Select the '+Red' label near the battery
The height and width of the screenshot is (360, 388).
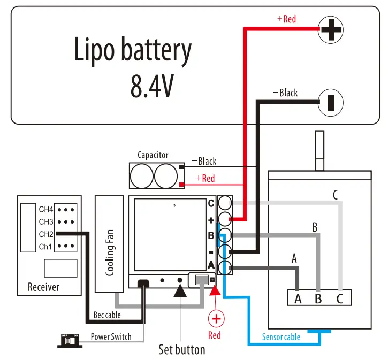pyautogui.click(x=286, y=19)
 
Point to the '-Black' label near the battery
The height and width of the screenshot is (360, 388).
pyautogui.click(x=286, y=93)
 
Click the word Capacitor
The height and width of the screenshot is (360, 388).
pyautogui.click(x=153, y=155)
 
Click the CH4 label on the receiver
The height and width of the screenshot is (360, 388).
pyautogui.click(x=46, y=209)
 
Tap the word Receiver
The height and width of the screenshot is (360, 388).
pyautogui.click(x=43, y=287)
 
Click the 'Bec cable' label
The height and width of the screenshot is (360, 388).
pyautogui.click(x=107, y=315)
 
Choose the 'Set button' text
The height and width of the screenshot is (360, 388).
pyautogui.click(x=181, y=350)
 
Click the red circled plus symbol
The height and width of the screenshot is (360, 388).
pyautogui.click(x=216, y=319)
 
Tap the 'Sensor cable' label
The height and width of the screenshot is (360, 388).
pyautogui.click(x=281, y=337)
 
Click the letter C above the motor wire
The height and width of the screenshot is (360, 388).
pyautogui.click(x=336, y=195)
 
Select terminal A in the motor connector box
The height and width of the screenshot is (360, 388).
pyautogui.click(x=298, y=298)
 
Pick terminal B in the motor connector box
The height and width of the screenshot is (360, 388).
pyautogui.click(x=319, y=298)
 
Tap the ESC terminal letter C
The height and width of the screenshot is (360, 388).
pyautogui.click(x=211, y=204)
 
